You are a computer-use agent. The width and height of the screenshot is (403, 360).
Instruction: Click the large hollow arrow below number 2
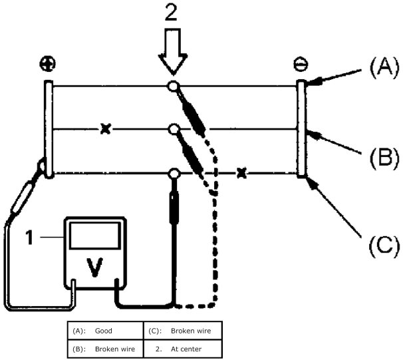point(172,57)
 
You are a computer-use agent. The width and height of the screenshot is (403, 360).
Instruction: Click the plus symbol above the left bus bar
point(48,64)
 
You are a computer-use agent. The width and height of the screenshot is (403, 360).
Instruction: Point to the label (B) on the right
point(384,158)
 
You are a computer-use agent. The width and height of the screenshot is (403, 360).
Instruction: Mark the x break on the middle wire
point(104,128)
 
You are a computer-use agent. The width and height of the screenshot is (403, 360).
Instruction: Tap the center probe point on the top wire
point(173,86)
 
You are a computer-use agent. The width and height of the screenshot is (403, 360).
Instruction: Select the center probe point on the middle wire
point(173,128)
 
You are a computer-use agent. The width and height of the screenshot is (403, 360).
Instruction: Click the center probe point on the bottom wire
point(174,174)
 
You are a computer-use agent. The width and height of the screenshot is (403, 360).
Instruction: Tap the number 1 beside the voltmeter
point(28,236)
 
